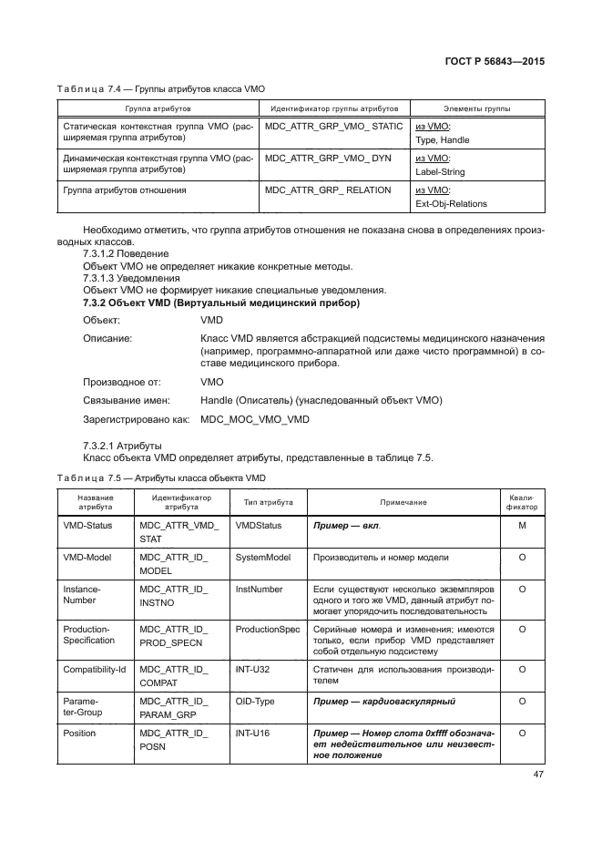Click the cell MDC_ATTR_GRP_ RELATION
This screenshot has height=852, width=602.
point(327,190)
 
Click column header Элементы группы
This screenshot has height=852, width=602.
point(475,108)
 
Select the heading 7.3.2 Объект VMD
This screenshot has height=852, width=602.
point(221,302)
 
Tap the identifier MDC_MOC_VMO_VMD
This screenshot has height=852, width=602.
point(255,419)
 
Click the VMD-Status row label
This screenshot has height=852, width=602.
point(87,527)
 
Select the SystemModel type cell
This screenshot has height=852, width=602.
point(263,557)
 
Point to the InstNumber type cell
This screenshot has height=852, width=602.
point(260,590)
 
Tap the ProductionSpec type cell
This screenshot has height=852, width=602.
point(267,630)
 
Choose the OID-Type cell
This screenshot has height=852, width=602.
point(256,701)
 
